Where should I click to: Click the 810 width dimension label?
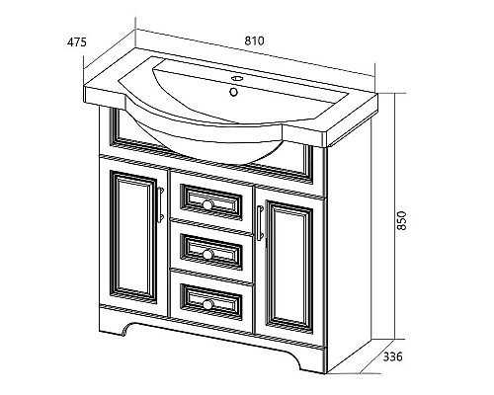[254, 40]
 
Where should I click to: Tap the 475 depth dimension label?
[77, 42]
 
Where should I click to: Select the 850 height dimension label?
[402, 220]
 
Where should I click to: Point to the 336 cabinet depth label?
[392, 356]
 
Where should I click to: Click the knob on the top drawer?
[207, 204]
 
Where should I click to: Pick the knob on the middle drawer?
[207, 254]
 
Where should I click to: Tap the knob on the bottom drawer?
[207, 304]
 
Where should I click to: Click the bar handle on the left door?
[161, 204]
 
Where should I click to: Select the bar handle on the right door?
[260, 223]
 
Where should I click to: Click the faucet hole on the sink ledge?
[236, 78]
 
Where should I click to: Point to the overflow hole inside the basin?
[233, 92]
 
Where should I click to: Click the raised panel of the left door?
[133, 236]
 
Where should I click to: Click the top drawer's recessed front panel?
[211, 202]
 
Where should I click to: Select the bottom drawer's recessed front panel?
[211, 302]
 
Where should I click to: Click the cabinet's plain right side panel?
[349, 244]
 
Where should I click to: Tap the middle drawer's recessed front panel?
[211, 252]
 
